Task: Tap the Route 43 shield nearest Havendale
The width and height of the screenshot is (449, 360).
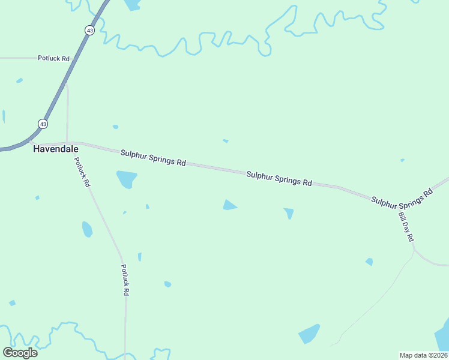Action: coord(43,124)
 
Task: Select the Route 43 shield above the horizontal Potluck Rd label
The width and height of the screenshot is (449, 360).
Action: coord(89,30)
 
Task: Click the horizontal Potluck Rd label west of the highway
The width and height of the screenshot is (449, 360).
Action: coord(54,59)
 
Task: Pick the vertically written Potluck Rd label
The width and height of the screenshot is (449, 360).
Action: coord(125,280)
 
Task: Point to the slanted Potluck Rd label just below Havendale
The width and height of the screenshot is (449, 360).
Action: coord(82,172)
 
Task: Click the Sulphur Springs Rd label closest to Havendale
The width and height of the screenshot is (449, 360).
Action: coord(153,158)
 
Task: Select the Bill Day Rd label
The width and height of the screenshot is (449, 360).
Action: coord(406,226)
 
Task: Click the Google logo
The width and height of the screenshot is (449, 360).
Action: coord(20,352)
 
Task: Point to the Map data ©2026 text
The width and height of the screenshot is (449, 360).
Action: coord(423,355)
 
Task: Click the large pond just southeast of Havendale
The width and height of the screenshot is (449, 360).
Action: coord(126,179)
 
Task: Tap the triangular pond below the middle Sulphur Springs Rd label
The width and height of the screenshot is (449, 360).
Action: coord(229,205)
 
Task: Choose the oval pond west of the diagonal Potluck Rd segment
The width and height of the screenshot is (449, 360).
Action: coord(87,229)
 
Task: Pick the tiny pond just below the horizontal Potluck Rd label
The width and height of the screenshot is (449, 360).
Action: coord(20,80)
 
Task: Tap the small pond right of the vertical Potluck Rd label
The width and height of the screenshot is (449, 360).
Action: coord(167,284)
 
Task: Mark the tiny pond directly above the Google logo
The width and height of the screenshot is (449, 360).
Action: coord(12,303)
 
